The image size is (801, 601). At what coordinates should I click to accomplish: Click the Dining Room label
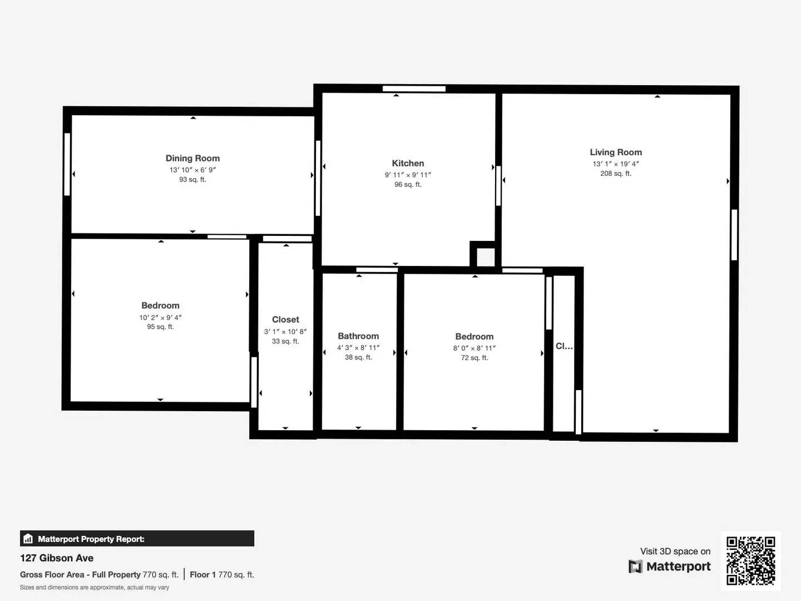(x=192, y=159)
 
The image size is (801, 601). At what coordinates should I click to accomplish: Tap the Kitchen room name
(x=408, y=163)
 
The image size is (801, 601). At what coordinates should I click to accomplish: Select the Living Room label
(x=616, y=152)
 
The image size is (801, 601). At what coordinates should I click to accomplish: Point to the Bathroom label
(x=358, y=336)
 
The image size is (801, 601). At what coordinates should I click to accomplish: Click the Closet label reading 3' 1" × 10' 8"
(x=285, y=319)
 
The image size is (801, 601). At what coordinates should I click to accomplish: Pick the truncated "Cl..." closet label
(x=564, y=346)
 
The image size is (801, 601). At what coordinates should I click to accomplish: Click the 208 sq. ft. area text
(x=616, y=174)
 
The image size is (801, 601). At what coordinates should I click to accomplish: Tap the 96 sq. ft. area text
(x=408, y=185)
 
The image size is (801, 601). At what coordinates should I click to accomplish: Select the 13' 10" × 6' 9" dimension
(x=192, y=170)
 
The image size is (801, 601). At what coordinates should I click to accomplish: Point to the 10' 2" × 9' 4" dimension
(x=160, y=318)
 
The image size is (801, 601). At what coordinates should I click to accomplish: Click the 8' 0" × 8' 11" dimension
(x=474, y=348)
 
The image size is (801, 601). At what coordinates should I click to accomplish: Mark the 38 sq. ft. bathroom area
(x=358, y=357)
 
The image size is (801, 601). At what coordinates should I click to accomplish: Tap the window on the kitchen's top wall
(x=414, y=88)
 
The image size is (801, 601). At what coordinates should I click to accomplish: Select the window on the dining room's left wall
(x=67, y=164)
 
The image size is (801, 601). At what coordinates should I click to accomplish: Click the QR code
(x=750, y=560)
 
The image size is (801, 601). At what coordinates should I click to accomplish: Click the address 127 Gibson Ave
(x=57, y=558)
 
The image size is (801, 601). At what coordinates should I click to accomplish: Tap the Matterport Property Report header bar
(x=137, y=539)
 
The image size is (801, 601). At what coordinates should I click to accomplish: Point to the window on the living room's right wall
(x=734, y=234)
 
